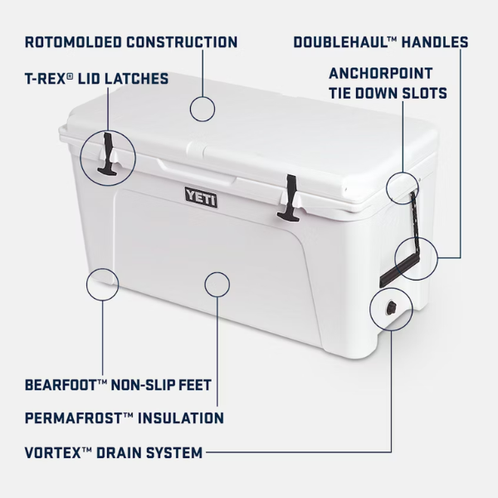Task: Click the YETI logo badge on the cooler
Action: point(200,196)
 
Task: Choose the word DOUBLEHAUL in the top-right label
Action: point(342,41)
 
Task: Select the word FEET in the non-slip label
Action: point(195,385)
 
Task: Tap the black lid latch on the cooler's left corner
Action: point(110,158)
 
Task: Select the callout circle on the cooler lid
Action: point(202,108)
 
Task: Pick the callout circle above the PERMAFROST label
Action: point(216,283)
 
